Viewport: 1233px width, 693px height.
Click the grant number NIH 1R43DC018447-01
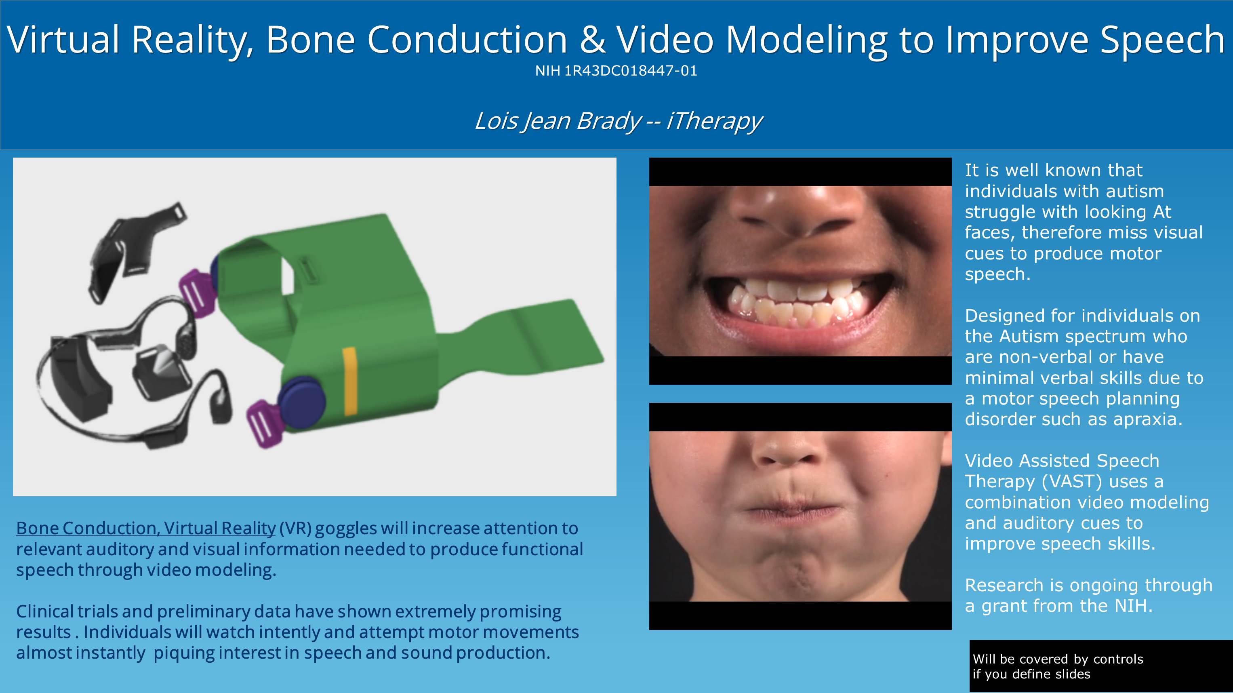pos(616,71)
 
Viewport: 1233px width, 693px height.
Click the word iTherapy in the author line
pos(714,121)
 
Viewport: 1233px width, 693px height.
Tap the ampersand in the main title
pos(592,39)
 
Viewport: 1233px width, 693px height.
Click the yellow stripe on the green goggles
pos(350,381)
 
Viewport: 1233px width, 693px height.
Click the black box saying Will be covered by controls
pos(1101,666)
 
